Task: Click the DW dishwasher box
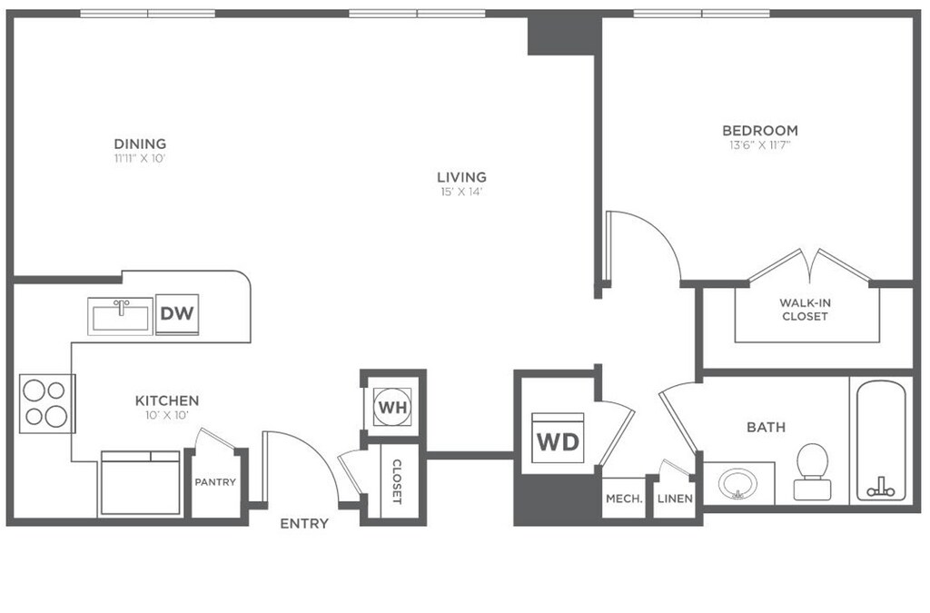coord(179,314)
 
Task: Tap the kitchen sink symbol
coord(121,316)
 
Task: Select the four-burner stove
coord(45,403)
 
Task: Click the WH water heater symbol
coord(392,406)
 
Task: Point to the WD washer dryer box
coord(558,441)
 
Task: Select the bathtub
coord(880,440)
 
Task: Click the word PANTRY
coord(215,482)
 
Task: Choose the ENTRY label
coord(304,524)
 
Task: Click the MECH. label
coord(624,499)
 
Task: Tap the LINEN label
coord(676,499)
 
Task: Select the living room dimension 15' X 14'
coord(460,192)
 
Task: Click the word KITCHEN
coord(167,400)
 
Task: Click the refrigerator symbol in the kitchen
coord(140,481)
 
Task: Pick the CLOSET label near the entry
coord(397,481)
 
